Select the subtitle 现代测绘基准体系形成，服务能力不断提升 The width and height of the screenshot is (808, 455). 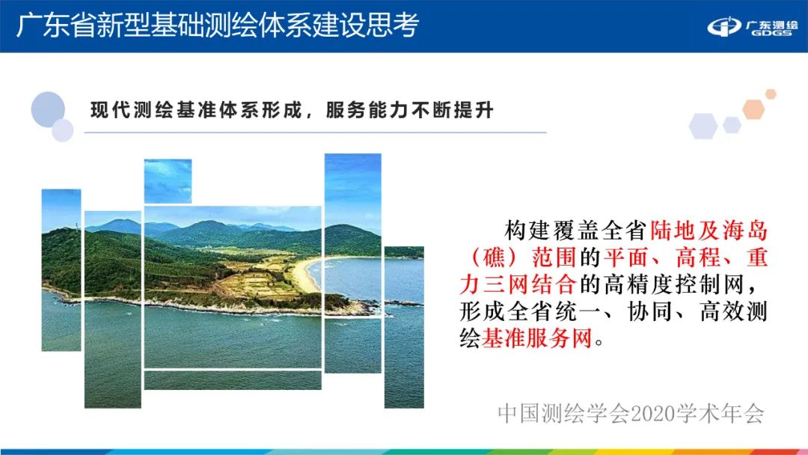point(293,110)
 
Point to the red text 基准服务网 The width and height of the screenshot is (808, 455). point(536,340)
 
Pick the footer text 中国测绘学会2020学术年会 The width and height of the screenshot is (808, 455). point(631,413)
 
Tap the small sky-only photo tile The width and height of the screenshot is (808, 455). point(168,180)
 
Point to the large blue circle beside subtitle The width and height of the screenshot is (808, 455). point(49,109)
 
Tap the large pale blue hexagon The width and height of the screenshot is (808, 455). point(703,126)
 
